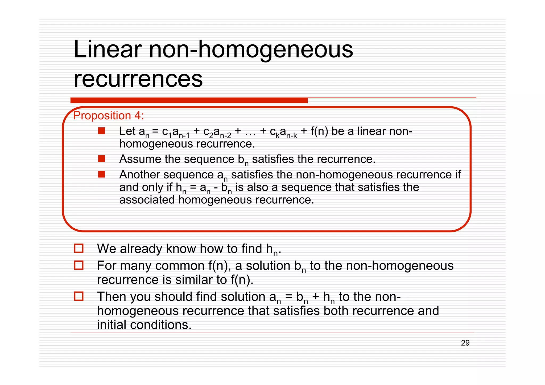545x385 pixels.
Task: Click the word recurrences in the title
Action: [x=138, y=79]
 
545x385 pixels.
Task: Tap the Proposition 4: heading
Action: [x=108, y=116]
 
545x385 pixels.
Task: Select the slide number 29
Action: [x=465, y=343]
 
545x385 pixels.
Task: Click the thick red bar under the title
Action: [x=189, y=101]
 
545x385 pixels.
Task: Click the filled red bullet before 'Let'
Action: [x=101, y=131]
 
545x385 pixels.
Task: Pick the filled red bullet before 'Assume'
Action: [x=101, y=159]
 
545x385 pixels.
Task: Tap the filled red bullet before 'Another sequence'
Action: [x=101, y=174]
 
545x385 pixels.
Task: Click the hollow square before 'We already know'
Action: [x=79, y=248]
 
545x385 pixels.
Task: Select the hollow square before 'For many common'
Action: [x=79, y=265]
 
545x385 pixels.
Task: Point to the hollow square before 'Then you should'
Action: [x=79, y=296]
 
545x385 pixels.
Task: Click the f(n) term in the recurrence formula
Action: [x=319, y=131]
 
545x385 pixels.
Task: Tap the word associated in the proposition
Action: [x=147, y=200]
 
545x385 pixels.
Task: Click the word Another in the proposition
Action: [x=139, y=175]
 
